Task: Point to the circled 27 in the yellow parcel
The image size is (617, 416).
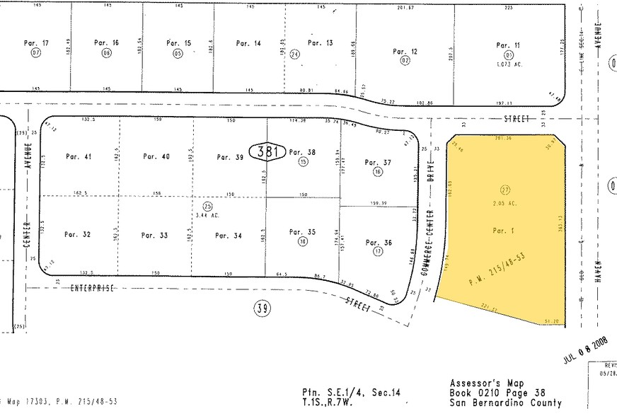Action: (x=505, y=190)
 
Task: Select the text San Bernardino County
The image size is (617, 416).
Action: (x=506, y=403)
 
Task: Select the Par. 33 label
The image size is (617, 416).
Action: (x=154, y=236)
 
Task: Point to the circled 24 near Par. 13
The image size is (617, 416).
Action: (x=294, y=53)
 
